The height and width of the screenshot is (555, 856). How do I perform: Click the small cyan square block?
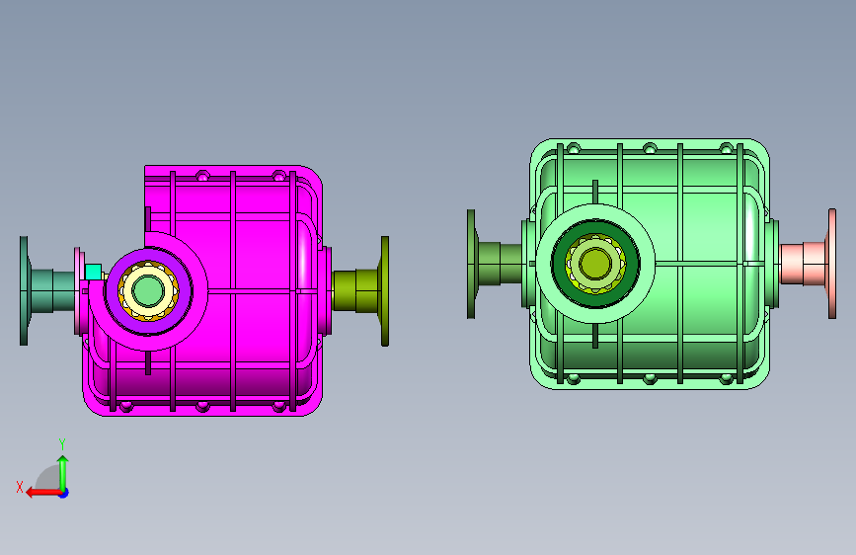94,272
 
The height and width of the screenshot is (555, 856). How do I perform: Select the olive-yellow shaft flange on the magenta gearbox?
384,291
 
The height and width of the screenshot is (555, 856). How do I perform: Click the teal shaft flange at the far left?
24,290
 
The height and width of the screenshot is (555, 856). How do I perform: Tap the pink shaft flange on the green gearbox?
832,264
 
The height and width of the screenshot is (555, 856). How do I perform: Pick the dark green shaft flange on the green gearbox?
471,264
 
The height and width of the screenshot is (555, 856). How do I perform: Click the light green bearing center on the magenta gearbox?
147,290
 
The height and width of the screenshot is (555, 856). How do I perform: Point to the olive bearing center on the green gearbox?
595,264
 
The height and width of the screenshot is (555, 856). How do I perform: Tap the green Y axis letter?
62,444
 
